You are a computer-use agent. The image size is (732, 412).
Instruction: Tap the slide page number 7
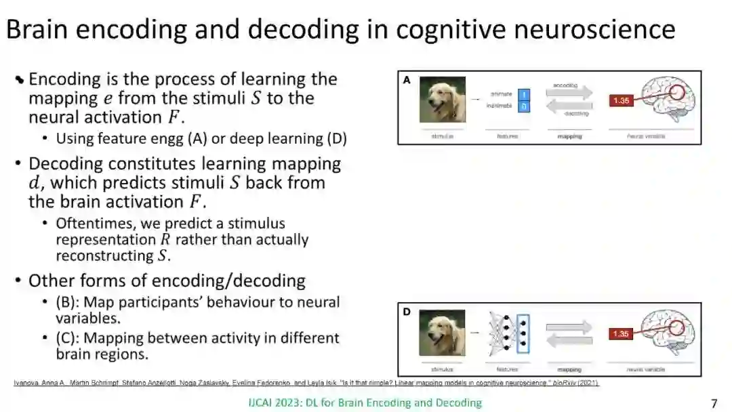click(714, 403)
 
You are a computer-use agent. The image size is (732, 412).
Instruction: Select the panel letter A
click(407, 80)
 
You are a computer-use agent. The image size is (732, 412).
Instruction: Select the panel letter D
click(407, 312)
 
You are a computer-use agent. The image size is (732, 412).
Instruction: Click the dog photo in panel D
click(443, 333)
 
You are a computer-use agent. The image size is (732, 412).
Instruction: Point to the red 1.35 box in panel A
click(622, 101)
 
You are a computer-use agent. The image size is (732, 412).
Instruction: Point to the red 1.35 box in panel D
click(622, 334)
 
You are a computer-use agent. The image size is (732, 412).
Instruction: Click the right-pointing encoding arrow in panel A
click(569, 93)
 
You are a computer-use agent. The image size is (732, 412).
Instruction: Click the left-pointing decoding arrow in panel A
click(569, 106)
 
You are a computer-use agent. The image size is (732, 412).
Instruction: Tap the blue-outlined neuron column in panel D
click(522, 334)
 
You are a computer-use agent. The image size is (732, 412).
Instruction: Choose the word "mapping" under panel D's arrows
click(569, 370)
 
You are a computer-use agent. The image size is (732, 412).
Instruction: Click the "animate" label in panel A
click(502, 94)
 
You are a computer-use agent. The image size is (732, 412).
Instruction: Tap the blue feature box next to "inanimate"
click(524, 106)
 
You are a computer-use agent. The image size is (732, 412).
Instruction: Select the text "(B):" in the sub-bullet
click(70, 302)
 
